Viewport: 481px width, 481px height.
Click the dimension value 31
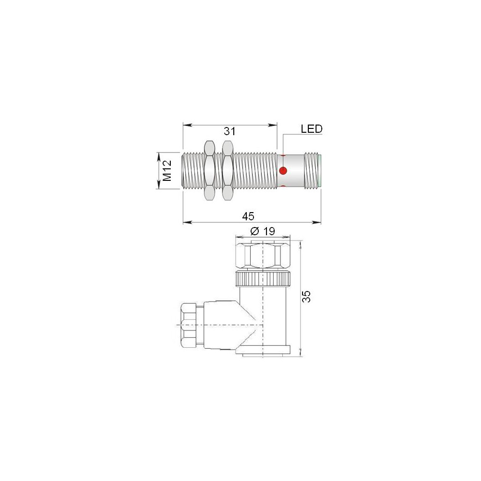coord(229,131)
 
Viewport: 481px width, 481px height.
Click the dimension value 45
coord(248,216)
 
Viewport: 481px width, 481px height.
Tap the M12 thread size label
coord(167,171)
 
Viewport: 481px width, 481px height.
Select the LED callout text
coord(312,129)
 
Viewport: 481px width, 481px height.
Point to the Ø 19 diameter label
coord(263,231)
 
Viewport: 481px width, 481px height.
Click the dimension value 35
coord(306,296)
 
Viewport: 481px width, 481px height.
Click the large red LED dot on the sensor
coord(283,170)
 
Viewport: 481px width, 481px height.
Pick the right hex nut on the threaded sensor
coord(228,171)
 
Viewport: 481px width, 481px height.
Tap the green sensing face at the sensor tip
coord(320,171)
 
